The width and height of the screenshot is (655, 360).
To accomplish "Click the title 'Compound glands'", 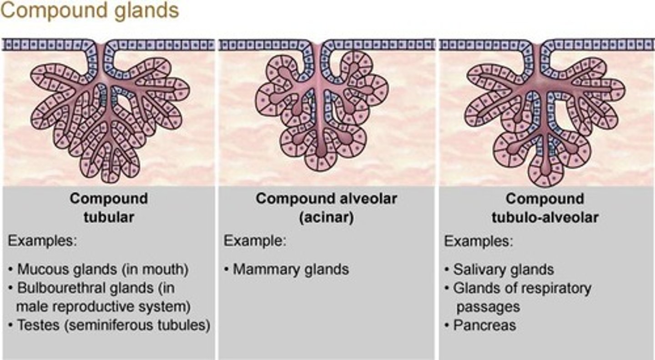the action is (x=90, y=11).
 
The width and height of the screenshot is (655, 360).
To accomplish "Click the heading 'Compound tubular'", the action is (x=109, y=208).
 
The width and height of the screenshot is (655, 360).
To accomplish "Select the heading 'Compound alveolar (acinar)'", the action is (x=326, y=208).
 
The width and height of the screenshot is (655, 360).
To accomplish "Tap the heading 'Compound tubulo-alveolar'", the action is (x=545, y=208).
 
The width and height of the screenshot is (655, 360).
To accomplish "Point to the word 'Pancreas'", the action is (x=484, y=325).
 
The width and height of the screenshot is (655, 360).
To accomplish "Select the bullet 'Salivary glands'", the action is (x=499, y=269).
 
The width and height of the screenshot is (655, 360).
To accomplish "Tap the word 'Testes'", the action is (x=38, y=325).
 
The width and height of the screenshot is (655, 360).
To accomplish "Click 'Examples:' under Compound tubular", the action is (x=42, y=241).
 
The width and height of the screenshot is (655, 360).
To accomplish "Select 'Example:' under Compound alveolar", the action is (x=255, y=241).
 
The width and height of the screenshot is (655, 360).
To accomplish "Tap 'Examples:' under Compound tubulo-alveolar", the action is (x=479, y=241).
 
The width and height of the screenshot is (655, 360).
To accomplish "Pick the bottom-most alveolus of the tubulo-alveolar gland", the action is (x=546, y=170).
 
